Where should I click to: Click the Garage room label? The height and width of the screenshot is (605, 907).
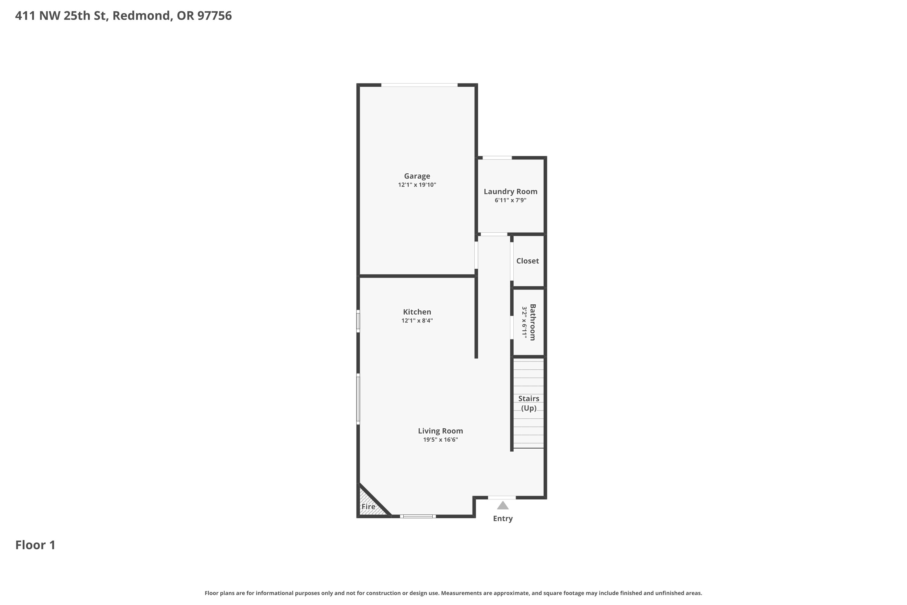point(417,176)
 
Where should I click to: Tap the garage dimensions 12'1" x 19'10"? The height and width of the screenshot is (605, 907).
point(417,185)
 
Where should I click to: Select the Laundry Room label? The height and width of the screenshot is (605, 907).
point(510,191)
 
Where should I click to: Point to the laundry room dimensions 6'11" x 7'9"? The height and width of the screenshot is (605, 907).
point(510,200)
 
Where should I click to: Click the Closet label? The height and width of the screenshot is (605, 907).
point(527,261)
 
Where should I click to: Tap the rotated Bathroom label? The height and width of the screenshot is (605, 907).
point(532,322)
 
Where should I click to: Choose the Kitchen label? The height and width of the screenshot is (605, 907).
point(417,312)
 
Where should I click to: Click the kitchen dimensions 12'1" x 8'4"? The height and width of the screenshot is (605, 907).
point(417,321)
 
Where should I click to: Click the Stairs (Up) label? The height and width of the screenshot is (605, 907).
point(528,403)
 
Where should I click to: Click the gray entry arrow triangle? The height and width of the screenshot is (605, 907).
point(502,505)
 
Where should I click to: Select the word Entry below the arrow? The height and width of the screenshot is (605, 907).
point(502,518)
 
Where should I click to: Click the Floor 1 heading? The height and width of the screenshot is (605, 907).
point(35,545)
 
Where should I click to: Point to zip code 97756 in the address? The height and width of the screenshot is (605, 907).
point(214,16)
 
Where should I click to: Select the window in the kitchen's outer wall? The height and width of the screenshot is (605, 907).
point(358,321)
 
